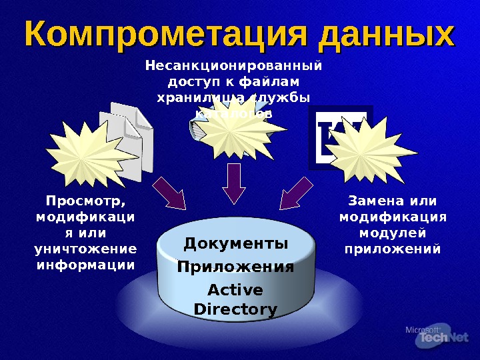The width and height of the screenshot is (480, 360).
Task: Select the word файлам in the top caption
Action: coord(271,81)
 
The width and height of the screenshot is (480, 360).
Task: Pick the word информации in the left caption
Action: coord(85,265)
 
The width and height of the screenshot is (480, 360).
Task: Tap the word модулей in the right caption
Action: coord(392,233)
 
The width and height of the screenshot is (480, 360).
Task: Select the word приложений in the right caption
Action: coord(392,249)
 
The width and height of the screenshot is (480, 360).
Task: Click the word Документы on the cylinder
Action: coord(236,244)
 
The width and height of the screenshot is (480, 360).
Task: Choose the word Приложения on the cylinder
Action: coord(235,267)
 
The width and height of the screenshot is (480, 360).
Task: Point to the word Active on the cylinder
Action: coord(235,290)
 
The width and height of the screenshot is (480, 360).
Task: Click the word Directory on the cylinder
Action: coord(235,309)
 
